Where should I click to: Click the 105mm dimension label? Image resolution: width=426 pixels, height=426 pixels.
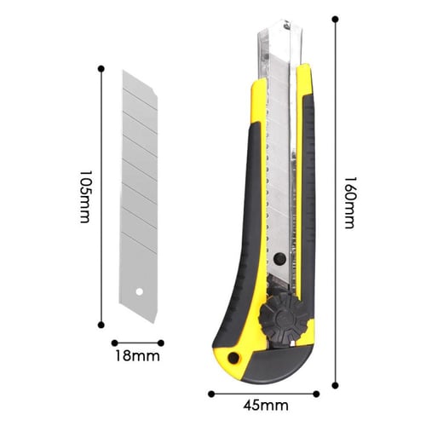(85, 197)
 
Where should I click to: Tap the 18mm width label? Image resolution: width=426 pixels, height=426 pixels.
(137, 356)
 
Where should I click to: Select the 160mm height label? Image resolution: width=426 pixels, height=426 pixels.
(349, 203)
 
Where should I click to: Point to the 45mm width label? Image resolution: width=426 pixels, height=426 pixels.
(266, 406)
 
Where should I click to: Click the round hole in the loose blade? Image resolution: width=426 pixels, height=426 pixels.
(139, 291)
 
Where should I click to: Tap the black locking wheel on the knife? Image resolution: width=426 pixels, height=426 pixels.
(285, 317)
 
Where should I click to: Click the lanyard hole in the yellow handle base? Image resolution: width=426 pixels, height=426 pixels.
(233, 358)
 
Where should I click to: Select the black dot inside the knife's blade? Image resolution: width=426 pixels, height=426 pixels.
(279, 258)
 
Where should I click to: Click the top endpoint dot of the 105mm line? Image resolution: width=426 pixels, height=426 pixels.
(101, 69)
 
